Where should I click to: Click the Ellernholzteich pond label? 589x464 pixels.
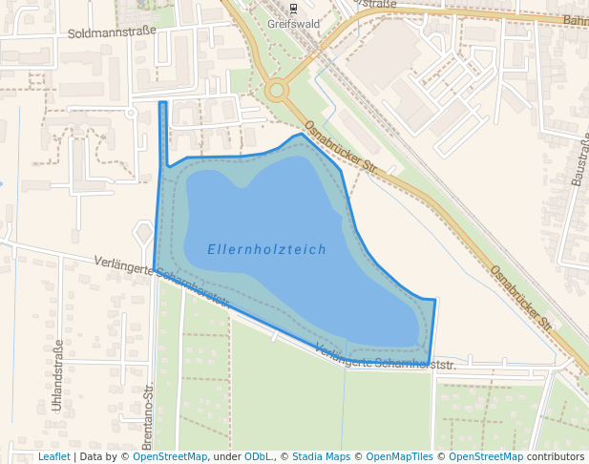266,250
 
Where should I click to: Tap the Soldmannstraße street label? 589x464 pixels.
114,32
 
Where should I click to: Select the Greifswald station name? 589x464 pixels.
291,24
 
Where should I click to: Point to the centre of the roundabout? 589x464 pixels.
278,92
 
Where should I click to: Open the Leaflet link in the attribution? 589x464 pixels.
54,457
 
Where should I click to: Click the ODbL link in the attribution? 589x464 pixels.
259,457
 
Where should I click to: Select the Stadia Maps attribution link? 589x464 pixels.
322,457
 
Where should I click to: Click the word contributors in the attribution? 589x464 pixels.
556,457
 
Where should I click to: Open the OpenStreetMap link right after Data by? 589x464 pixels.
170,457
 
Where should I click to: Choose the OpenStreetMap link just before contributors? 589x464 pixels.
486,457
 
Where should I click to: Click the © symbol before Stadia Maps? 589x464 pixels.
285,457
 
